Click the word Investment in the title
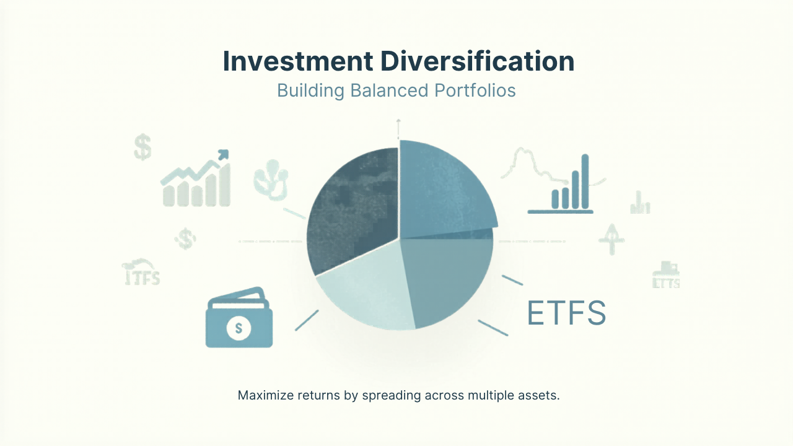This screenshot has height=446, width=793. tap(297, 62)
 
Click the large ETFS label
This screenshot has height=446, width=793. tap(566, 313)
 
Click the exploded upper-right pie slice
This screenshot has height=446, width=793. tap(443, 186)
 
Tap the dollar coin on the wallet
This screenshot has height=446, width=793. tap(239, 326)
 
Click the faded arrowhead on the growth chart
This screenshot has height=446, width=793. tap(222, 154)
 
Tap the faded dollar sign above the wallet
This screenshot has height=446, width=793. tap(185, 238)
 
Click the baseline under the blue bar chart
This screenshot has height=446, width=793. tap(560, 212)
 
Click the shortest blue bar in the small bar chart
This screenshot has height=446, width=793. tap(555, 199)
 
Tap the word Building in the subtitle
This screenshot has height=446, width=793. tap(310, 90)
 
